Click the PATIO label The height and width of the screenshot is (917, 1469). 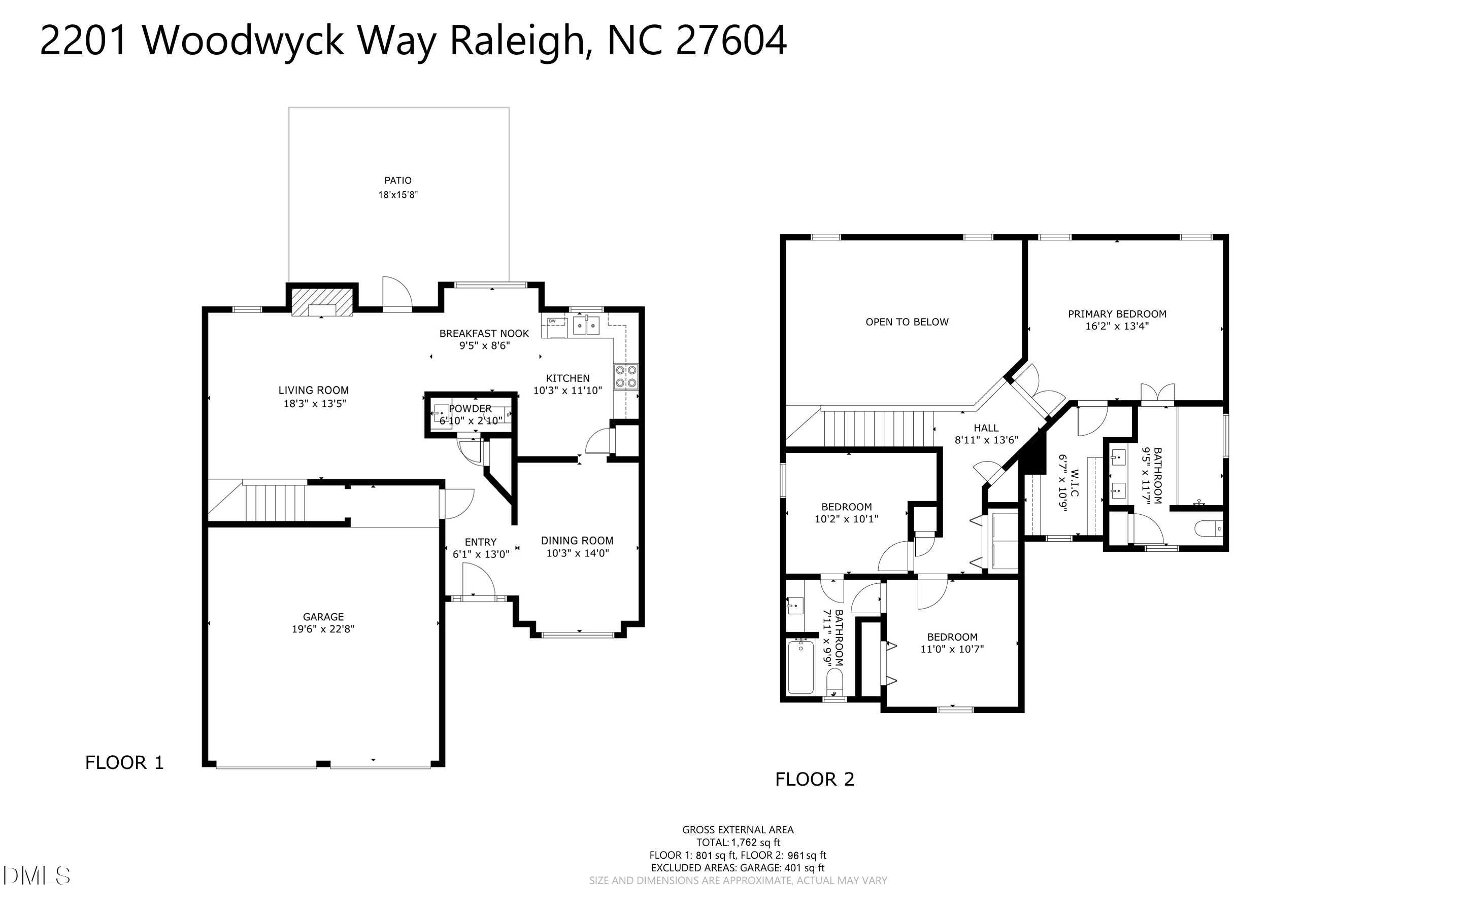tap(398, 180)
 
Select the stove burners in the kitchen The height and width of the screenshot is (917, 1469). tap(625, 376)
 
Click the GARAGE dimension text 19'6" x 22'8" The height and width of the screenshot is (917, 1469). tap(323, 629)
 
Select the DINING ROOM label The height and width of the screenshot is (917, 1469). tap(577, 540)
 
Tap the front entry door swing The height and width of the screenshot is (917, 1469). tap(478, 581)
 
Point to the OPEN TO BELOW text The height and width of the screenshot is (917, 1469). tap(907, 322)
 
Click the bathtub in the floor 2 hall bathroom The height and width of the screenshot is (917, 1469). tap(800, 667)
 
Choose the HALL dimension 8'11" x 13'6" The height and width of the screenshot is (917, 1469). tap(986, 440)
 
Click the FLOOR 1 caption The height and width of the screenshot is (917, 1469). tap(124, 763)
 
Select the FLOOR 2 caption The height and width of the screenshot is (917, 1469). tap(814, 780)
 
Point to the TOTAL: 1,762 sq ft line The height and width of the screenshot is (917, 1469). tap(738, 842)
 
